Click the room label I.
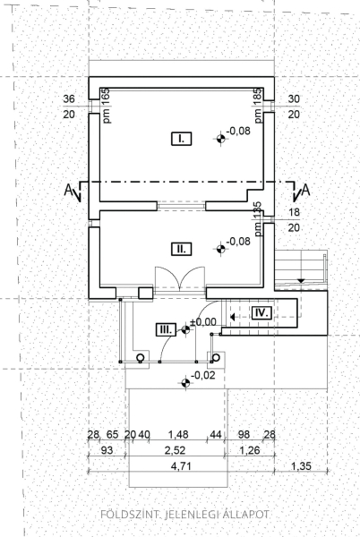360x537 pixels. [181, 139]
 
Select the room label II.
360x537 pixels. [181, 249]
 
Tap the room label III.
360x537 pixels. [167, 329]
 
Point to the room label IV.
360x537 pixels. [261, 312]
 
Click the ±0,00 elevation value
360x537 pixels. [203, 322]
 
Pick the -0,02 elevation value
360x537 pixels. [203, 375]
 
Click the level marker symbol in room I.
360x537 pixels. [221, 139]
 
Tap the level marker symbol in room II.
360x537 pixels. [221, 249]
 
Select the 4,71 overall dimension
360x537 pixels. [182, 466]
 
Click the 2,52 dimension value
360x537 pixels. [175, 450]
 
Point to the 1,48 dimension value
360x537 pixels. [178, 435]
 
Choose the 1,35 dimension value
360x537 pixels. [301, 466]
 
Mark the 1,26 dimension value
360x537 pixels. [250, 450]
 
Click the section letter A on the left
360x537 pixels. [68, 190]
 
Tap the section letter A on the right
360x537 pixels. [306, 190]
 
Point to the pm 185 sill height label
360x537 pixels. [258, 106]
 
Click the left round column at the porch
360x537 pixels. [140, 358]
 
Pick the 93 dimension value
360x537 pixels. [107, 450]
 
